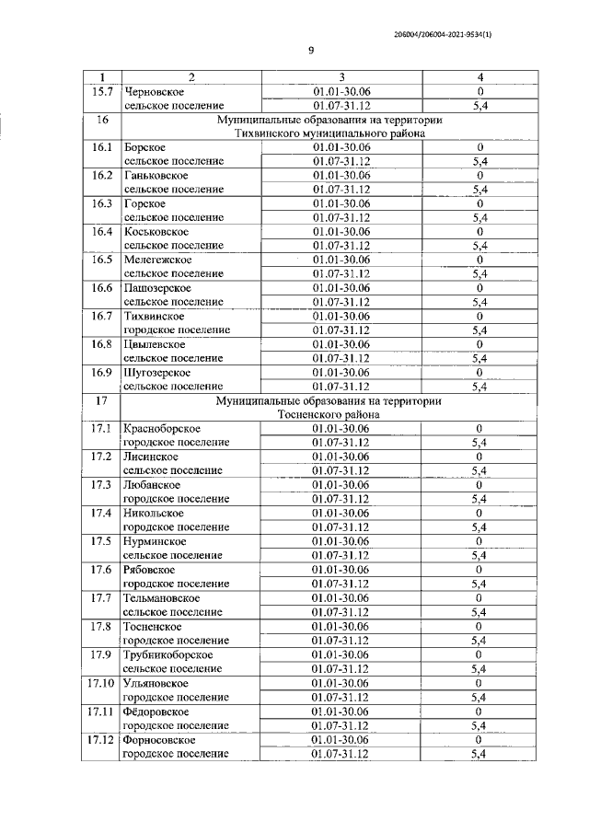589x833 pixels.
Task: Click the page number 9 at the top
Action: click(x=311, y=51)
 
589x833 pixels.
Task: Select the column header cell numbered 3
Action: click(x=341, y=77)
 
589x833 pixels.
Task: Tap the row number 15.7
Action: click(x=102, y=92)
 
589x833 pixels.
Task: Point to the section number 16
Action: click(x=102, y=120)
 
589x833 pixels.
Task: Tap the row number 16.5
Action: click(x=102, y=260)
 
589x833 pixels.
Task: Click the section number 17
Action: click(x=102, y=401)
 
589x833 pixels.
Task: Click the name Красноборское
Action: click(x=162, y=429)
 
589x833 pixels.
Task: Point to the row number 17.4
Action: click(x=102, y=513)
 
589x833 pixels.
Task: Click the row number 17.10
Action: click(x=102, y=682)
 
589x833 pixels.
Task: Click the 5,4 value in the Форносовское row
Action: click(x=479, y=753)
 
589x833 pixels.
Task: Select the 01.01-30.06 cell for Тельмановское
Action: click(x=341, y=597)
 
